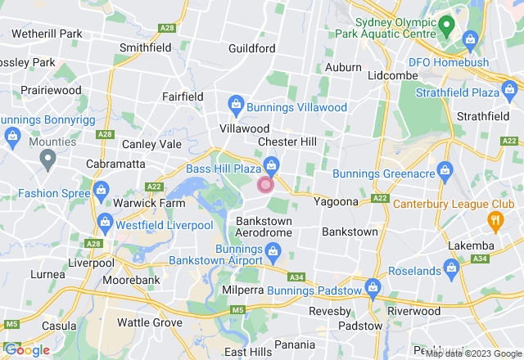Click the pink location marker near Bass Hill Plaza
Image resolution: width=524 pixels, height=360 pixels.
click(265, 185)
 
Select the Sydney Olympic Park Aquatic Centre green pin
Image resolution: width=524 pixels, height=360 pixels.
click(446, 26)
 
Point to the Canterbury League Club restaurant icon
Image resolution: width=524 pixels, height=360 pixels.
click(495, 219)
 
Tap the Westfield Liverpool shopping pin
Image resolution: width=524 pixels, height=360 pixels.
click(106, 221)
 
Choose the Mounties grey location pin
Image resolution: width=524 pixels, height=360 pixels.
click(47, 157)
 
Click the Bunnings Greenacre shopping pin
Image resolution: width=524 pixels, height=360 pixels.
click(445, 170)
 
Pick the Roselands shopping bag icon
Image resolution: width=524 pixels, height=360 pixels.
click(450, 267)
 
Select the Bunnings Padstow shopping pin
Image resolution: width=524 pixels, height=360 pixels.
click(373, 286)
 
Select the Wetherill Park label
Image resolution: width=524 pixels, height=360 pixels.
click(47, 34)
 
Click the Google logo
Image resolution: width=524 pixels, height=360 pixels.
click(27, 350)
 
